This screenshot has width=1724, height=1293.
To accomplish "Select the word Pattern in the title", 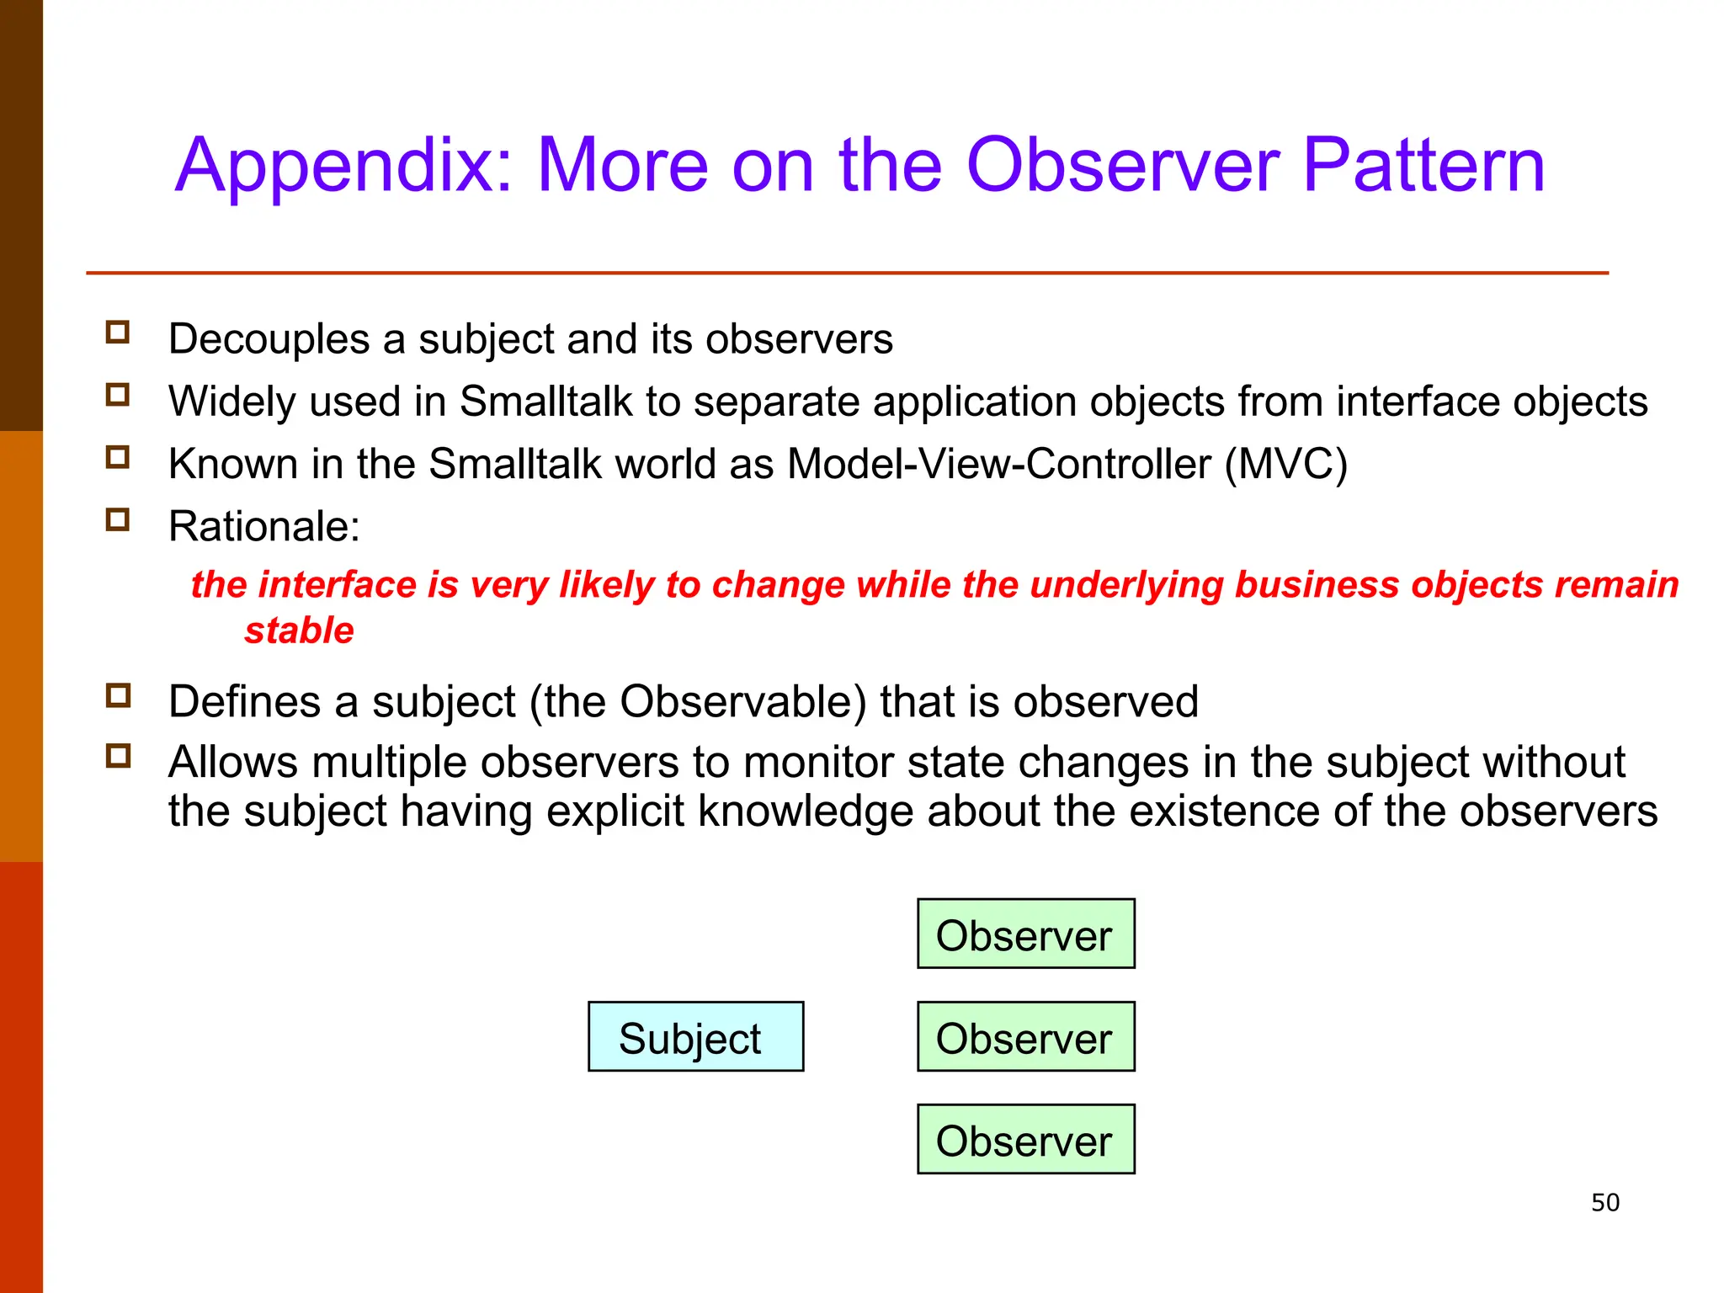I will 1423,166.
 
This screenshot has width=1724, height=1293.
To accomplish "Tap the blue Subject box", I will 695,1036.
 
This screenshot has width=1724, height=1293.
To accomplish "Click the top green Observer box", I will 1025,934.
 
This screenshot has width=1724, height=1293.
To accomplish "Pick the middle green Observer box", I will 1025,1036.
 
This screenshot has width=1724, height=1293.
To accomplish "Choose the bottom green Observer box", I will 1025,1139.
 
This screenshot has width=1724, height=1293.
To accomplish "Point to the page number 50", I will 1604,1202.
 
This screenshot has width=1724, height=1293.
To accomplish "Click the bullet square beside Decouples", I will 118,332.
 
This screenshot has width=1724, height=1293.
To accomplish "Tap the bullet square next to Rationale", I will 118,519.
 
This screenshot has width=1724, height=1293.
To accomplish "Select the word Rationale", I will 263,527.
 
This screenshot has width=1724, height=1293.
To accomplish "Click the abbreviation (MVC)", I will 1285,464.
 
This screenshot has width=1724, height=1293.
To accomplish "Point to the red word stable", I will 299,631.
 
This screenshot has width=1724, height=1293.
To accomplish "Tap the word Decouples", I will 269,339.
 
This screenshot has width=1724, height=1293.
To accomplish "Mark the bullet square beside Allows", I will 118,755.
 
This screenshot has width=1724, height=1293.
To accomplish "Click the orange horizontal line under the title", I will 847,273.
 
